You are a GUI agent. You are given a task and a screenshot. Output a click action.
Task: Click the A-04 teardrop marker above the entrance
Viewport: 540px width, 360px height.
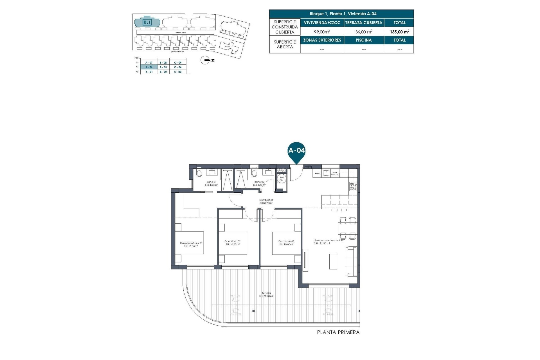296,151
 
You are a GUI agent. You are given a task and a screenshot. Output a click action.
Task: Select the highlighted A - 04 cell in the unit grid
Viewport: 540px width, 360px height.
149,67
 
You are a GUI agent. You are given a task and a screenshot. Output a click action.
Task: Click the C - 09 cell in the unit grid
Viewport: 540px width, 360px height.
178,63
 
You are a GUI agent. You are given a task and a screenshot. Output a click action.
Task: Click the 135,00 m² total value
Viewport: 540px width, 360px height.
399,32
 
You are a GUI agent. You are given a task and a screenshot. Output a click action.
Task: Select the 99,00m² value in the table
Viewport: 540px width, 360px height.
322,32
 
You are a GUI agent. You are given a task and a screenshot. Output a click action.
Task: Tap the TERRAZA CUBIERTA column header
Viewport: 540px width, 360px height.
364,23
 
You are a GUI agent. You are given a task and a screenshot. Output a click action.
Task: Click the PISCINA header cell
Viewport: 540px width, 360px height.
364,40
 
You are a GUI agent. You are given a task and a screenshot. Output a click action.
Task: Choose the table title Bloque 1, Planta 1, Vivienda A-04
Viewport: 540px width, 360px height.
343,14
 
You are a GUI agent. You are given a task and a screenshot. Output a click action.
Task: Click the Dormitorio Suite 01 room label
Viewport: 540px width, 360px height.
191,245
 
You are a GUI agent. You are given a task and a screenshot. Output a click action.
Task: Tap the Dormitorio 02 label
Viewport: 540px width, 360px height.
233,243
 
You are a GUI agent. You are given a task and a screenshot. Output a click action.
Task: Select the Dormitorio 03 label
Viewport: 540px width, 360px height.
286,243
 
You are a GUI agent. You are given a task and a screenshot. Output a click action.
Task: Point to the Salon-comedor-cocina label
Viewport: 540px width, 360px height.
328,242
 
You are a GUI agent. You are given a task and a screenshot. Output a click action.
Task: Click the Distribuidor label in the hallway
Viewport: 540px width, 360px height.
266,201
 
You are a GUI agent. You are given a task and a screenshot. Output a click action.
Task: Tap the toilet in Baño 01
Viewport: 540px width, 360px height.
199,173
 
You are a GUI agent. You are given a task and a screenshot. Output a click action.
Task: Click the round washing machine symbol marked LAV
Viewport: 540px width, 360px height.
282,179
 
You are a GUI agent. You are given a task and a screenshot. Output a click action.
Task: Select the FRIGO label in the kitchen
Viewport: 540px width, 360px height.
318,174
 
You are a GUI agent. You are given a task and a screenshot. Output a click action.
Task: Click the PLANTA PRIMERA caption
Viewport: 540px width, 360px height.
338,332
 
